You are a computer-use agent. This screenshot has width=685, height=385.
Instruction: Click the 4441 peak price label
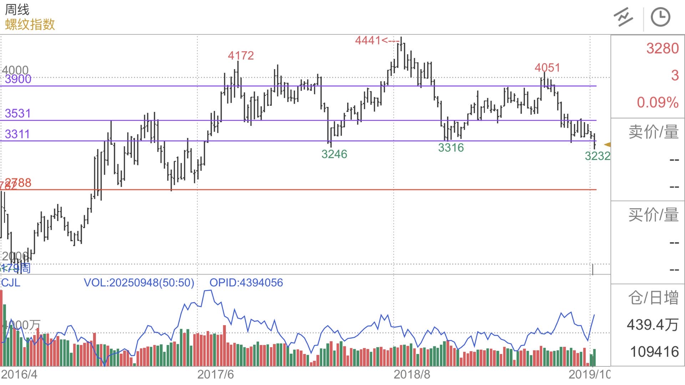coord(368,40)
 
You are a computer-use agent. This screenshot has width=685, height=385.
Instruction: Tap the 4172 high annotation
coord(241,56)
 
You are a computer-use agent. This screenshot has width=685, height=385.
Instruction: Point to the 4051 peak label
coord(547,68)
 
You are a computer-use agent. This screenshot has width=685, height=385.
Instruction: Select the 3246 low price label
coord(334,154)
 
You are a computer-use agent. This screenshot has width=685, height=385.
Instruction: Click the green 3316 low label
coord(451,148)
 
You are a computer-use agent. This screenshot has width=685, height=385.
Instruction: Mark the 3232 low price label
coord(597,156)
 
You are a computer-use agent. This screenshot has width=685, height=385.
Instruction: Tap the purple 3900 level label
coord(18,79)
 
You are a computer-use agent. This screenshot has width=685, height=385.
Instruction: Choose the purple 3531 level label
coord(18,113)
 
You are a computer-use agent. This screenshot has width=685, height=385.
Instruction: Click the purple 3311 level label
coord(17,134)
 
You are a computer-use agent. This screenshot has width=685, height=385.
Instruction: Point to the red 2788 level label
coord(19,183)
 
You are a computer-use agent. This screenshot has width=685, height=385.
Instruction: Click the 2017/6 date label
coord(215,374)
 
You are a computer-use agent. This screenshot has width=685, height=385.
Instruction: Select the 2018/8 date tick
coord(412,374)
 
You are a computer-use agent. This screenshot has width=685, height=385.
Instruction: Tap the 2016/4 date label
coord(19,374)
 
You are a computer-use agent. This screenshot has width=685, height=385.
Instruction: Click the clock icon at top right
coord(660,17)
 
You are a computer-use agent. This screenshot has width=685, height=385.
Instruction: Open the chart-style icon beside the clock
coord(623,17)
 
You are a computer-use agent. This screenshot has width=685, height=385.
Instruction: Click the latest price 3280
coord(662,48)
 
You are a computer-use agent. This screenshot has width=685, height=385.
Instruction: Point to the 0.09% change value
coord(658,102)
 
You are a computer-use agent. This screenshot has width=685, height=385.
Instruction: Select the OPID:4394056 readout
coord(246,283)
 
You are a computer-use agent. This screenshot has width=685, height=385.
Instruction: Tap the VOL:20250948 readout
coord(139,283)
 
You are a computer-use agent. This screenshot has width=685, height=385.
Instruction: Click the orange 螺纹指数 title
coord(30,25)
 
